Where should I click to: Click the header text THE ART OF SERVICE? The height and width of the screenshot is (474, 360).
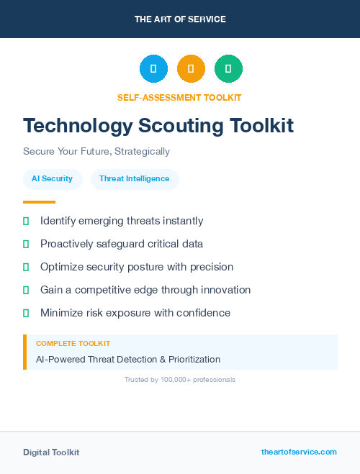tap(180, 19)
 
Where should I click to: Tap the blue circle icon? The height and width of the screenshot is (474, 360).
tap(153, 68)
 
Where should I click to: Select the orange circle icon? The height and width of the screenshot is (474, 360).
tap(191, 68)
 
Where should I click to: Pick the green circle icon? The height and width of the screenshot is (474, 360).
tap(228, 68)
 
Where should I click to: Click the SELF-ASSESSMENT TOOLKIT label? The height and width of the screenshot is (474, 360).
tap(180, 97)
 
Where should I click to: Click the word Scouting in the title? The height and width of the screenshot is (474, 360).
tap(181, 126)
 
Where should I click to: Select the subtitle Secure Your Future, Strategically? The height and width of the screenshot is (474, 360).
tap(96, 152)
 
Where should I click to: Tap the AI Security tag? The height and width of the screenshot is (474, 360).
tap(52, 178)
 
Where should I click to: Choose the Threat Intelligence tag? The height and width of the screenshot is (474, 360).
tap(135, 178)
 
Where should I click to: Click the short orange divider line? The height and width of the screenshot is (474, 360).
tap(39, 202)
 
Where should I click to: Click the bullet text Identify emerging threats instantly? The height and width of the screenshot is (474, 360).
tap(122, 221)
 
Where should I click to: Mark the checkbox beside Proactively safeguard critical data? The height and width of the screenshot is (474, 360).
tap(26, 245)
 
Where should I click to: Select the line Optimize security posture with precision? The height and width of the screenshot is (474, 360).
tap(137, 267)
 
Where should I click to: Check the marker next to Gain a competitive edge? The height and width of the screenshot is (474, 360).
tap(26, 291)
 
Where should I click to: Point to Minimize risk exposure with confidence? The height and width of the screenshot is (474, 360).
tap(135, 313)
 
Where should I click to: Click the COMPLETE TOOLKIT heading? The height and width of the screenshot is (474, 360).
tap(73, 344)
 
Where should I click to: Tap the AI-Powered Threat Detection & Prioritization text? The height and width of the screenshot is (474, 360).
tap(128, 359)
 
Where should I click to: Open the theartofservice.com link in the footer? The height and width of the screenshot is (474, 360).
tap(299, 452)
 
